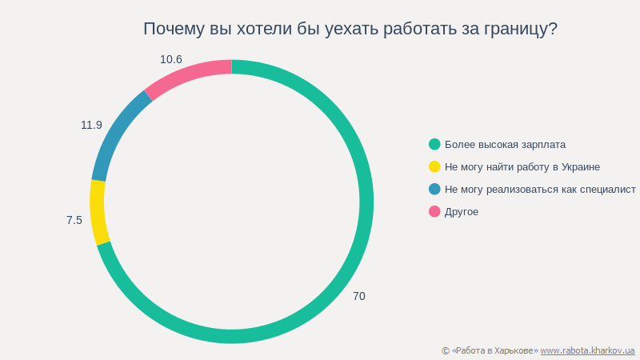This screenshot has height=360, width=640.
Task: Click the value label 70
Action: point(359,296)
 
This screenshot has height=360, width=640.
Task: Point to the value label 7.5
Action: point(74,220)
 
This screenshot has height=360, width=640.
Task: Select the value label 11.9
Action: point(91,125)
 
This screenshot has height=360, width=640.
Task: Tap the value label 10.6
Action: point(171,59)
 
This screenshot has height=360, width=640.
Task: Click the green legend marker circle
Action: point(434,144)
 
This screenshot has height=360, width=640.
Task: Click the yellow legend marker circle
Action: point(434,166)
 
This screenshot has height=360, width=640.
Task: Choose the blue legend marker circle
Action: point(434,189)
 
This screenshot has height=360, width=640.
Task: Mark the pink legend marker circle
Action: point(434,211)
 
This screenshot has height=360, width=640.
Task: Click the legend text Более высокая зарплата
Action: point(505,145)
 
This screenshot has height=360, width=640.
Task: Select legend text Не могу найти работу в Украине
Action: point(522,167)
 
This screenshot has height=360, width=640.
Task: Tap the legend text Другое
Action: point(462,212)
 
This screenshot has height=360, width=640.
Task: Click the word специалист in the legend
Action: point(607,190)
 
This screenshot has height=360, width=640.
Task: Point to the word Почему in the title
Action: point(170,29)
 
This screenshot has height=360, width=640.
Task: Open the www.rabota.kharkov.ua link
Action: point(587,350)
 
